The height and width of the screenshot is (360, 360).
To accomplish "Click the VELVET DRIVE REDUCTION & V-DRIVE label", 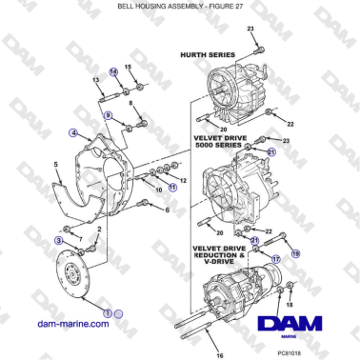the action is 227,252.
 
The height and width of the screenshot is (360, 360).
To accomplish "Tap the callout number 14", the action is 114,71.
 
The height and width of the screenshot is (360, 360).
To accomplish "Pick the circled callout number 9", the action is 108,115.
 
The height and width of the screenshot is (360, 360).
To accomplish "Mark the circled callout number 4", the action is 73,134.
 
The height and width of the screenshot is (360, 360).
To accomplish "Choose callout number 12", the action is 183,178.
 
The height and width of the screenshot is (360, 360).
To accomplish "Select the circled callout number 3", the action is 59,242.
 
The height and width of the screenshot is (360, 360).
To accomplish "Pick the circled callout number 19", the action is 294,254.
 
